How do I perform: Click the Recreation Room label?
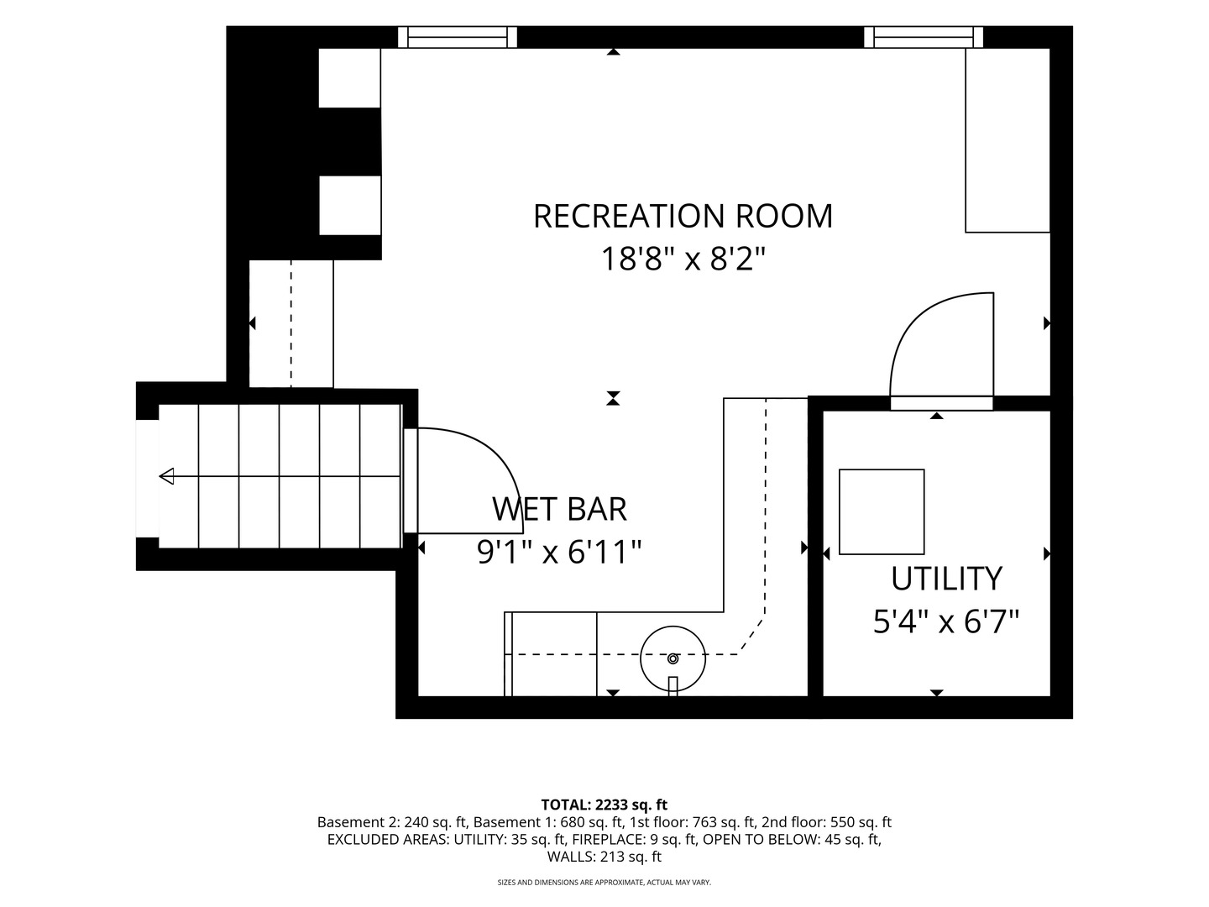683,216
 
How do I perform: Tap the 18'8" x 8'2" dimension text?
683,259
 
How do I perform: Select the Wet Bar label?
560,509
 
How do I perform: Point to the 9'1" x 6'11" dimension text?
560,552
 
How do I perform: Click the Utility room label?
946,579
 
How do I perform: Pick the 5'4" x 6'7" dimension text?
946,621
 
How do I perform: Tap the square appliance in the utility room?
882,511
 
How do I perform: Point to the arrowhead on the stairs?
166,476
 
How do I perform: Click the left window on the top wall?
458,38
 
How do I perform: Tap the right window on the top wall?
924,38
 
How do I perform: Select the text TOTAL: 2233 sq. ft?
604,805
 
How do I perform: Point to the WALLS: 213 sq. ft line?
604,857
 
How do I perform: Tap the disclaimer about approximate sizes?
604,882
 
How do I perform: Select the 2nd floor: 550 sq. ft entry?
826,822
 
